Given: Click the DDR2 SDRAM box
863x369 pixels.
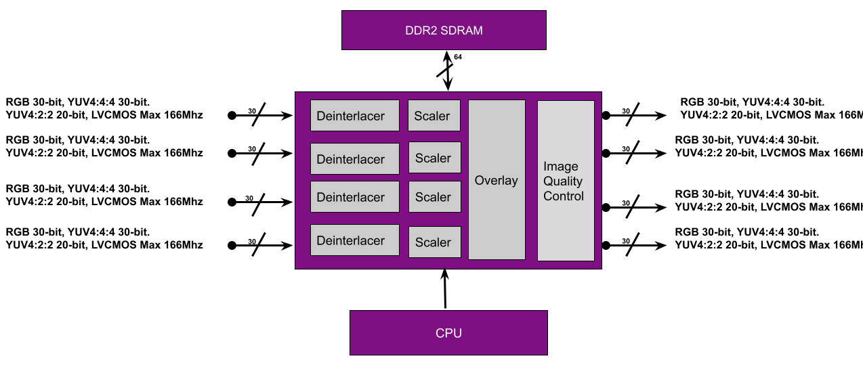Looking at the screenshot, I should pos(444,30).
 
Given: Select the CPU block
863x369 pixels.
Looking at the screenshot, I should pos(448,332).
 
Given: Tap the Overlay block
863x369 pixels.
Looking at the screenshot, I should pos(497,180).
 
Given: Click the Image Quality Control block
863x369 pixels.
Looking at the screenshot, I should pos(566,180).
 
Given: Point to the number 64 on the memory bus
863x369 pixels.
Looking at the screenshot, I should pos(458,58).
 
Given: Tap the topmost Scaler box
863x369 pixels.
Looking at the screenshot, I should pos(434,116).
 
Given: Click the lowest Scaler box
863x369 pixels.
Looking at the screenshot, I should pos(434,242).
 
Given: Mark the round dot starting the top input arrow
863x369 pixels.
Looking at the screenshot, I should pos(232,116).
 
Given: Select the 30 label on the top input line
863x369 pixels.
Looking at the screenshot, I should pos(251,110).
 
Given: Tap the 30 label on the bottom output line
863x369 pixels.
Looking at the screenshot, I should pos(626,240).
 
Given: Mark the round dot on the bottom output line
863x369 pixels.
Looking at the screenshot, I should pos(606,245).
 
